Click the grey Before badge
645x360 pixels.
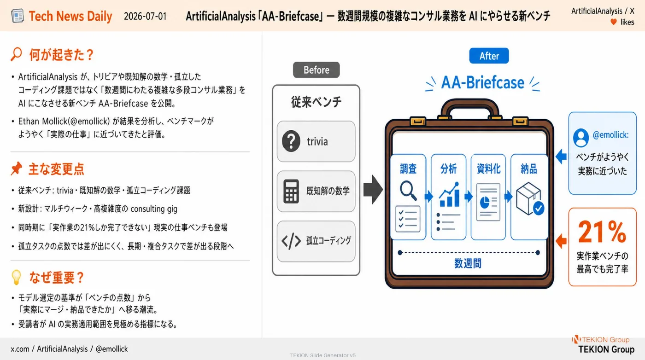pyautogui.click(x=316, y=70)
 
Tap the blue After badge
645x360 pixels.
pyautogui.click(x=489, y=56)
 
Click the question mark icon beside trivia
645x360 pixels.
pyautogui.click(x=291, y=141)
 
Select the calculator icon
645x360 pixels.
pyautogui.click(x=291, y=192)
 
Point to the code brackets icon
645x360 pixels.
pyautogui.click(x=291, y=241)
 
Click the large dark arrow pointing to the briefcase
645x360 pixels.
pyautogui.click(x=373, y=189)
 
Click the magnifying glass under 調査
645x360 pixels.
pyautogui.click(x=408, y=190)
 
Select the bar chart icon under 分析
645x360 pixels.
pyautogui.click(x=449, y=194)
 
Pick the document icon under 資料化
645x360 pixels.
pyautogui.click(x=488, y=202)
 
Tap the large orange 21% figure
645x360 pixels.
pyautogui.click(x=602, y=232)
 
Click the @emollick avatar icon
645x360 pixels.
pyautogui.click(x=581, y=138)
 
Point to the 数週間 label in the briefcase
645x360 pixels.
pyautogui.click(x=468, y=263)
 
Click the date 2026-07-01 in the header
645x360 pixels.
pyautogui.click(x=145, y=16)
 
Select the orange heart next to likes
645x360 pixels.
pyautogui.click(x=614, y=22)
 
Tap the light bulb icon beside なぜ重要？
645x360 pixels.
pyautogui.click(x=16, y=278)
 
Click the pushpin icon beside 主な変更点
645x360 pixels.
pyautogui.click(x=17, y=168)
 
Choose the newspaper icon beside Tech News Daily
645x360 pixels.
pyautogui.click(x=18, y=16)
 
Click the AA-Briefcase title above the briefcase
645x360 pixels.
pyautogui.click(x=483, y=82)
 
